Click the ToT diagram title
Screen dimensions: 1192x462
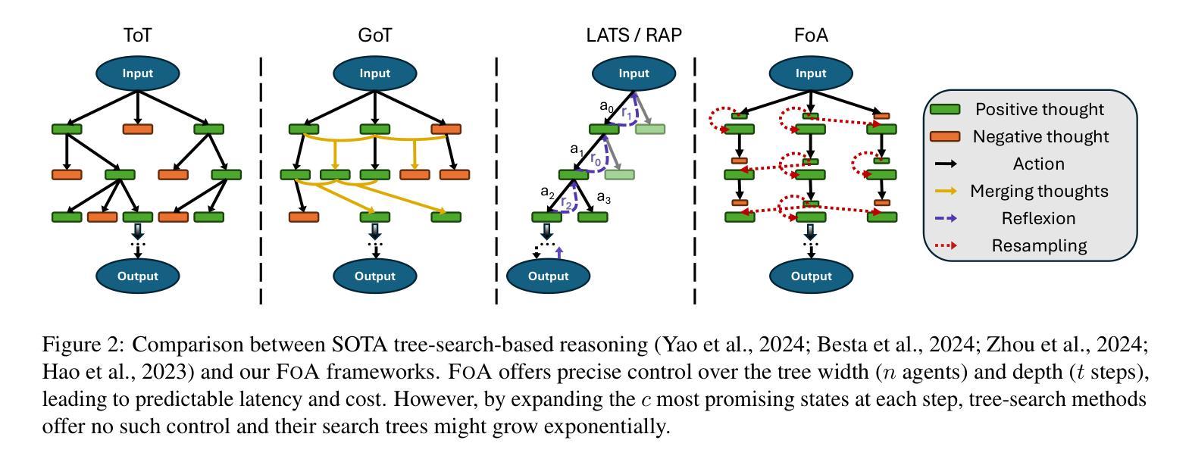click(x=137, y=35)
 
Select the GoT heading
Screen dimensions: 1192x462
click(x=374, y=35)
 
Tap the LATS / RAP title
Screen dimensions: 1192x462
click(x=634, y=35)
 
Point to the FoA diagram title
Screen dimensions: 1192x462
click(x=811, y=35)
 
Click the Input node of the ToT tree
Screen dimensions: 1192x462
click(x=137, y=73)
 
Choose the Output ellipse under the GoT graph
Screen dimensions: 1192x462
click(x=374, y=276)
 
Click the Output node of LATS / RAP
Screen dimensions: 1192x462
click(x=548, y=276)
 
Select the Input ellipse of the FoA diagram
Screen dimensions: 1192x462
click(x=811, y=73)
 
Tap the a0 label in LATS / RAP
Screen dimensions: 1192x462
click(x=607, y=106)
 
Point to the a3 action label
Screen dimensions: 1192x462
click(x=603, y=198)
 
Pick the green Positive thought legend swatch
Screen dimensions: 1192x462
click(x=945, y=110)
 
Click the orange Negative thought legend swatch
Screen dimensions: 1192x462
click(x=945, y=136)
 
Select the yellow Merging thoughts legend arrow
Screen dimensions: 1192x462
click(x=946, y=191)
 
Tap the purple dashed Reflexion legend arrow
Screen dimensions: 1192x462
click(x=946, y=218)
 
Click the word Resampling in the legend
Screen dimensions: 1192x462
click(x=1039, y=245)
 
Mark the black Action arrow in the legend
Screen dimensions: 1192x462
click(x=946, y=164)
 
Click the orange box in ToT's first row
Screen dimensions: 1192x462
click(x=138, y=129)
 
